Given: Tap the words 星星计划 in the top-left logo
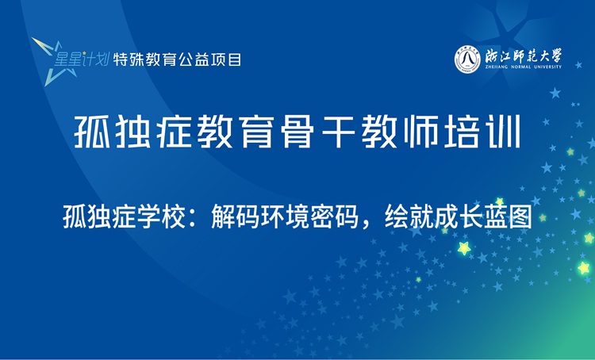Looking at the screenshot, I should click(82, 59).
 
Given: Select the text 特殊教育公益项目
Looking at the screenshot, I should click(178, 59).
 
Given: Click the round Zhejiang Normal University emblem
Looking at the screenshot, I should click(468, 59).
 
